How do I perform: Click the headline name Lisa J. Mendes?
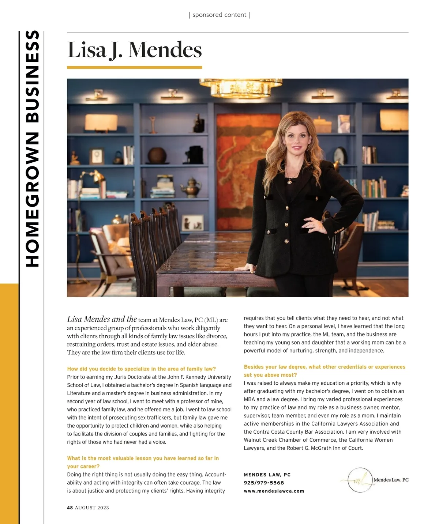pos(134,50)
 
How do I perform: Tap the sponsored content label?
pos(219,15)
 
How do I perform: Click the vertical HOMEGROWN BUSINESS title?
pos(32,148)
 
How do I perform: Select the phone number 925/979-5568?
pos(264,483)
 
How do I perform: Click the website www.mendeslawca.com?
pos(274,491)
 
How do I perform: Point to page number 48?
pos(70,508)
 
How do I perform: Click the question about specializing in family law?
pos(141,369)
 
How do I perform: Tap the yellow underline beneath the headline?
pos(134,68)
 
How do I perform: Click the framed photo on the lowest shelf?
pos(192,222)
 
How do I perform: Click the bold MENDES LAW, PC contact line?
pos(267,475)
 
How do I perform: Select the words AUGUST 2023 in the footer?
pos(92,508)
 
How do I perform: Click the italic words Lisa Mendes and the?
pos(102,319)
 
